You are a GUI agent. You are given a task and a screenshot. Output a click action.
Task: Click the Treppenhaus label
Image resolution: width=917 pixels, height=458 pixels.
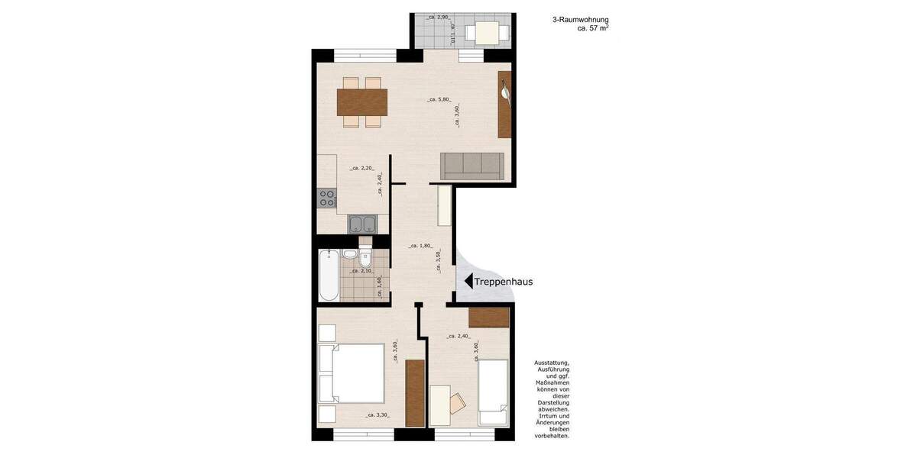click(504, 282)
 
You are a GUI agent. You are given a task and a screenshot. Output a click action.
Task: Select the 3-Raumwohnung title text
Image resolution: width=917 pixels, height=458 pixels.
click(580, 20)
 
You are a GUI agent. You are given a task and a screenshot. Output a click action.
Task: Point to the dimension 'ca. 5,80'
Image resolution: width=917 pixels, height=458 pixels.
click(440, 99)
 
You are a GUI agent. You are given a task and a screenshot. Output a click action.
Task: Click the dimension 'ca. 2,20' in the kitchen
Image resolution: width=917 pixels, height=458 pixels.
click(361, 168)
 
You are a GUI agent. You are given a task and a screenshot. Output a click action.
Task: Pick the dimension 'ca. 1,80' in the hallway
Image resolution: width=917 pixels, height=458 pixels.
click(422, 246)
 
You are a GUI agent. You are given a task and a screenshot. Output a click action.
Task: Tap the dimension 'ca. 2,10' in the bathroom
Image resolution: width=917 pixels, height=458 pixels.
click(361, 271)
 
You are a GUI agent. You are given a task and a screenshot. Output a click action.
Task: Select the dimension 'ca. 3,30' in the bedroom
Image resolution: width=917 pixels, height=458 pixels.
click(378, 415)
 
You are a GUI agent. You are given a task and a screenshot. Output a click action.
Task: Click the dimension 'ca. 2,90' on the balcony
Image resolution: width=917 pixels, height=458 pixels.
click(440, 17)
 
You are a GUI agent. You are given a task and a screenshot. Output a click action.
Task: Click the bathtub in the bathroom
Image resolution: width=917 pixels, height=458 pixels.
click(329, 276)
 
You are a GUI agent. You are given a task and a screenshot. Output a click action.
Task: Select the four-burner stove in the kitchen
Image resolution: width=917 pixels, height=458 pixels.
click(327, 198)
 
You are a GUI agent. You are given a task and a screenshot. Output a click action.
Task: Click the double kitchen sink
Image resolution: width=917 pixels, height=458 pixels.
click(361, 224)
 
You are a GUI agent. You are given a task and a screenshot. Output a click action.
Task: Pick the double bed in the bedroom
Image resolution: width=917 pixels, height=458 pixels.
click(352, 374)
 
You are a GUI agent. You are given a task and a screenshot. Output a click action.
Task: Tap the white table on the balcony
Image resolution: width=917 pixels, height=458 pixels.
click(487, 33)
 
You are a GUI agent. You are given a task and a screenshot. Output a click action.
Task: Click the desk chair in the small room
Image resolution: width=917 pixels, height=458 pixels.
click(458, 402)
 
